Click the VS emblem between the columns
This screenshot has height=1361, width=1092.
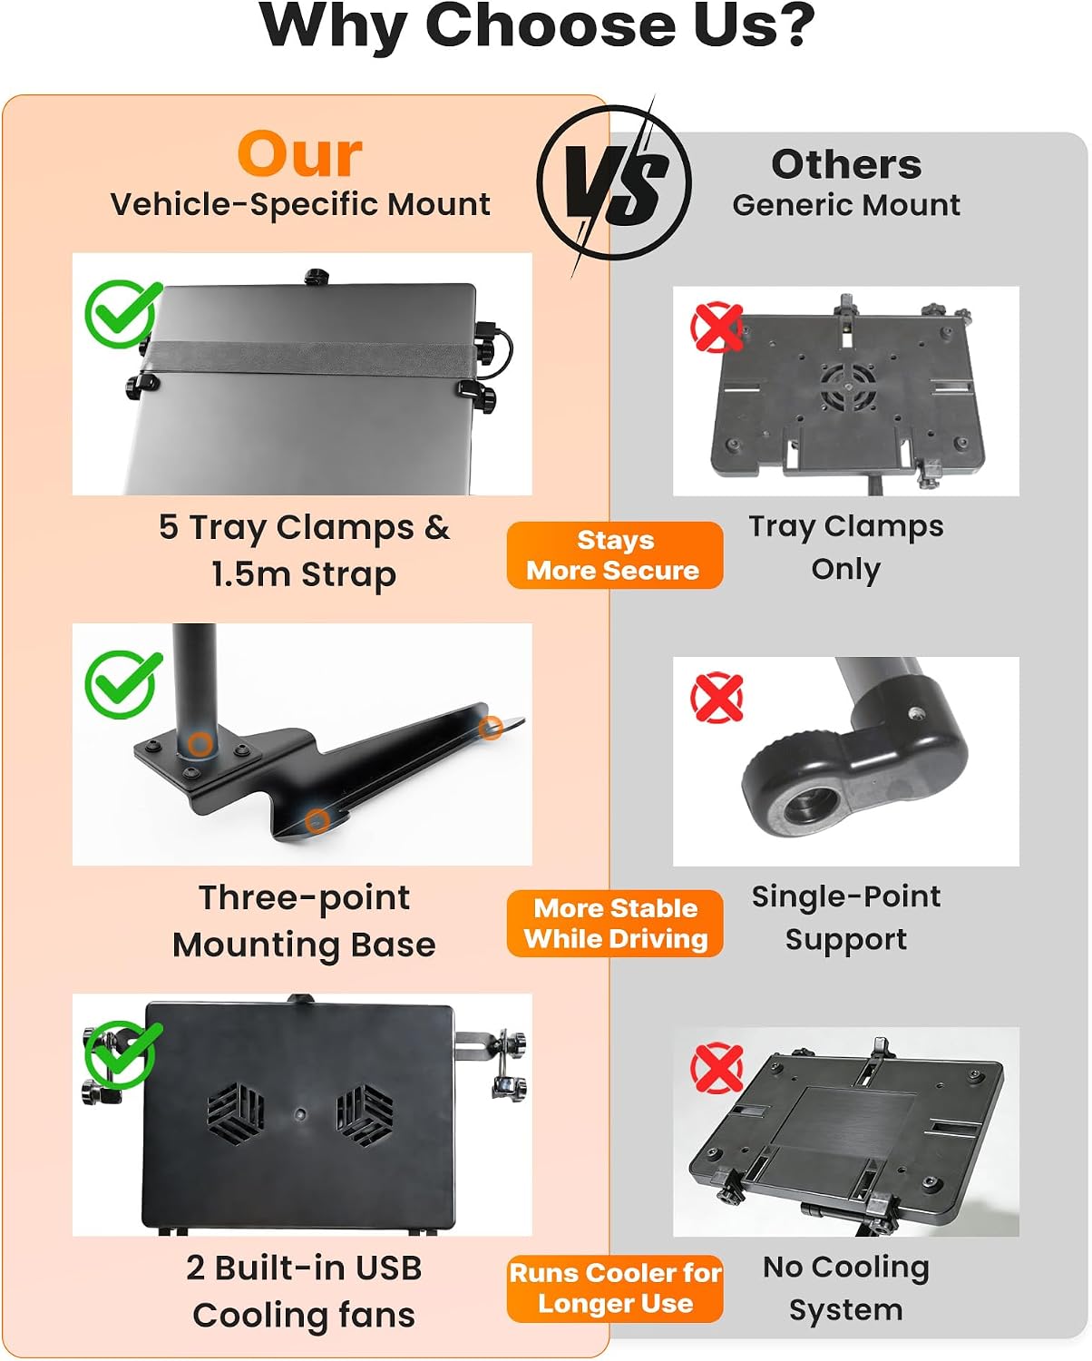[613, 183]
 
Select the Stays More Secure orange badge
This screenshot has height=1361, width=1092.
[615, 555]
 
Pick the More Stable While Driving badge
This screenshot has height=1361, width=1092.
[615, 924]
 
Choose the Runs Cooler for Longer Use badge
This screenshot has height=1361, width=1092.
[615, 1289]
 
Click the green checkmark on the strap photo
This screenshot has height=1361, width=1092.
[122, 313]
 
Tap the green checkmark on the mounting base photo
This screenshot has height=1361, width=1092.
[122, 684]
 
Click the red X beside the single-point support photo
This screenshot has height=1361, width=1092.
[717, 698]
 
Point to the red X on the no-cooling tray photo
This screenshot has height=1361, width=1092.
[717, 1068]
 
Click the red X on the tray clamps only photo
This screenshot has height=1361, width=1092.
[717, 327]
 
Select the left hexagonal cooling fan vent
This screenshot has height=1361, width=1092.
[236, 1112]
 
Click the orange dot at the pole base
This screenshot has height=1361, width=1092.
[200, 744]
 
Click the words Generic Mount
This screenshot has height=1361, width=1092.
[846, 205]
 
